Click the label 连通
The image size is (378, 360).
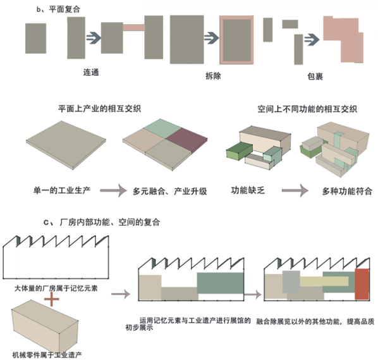[91, 72]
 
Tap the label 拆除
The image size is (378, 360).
[213, 76]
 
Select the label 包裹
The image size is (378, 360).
[315, 77]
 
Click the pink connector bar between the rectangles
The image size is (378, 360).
[134, 27]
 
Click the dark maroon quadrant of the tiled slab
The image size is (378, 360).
[187, 139]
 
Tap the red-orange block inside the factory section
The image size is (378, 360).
[362, 283]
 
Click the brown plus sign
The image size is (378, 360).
[52, 299]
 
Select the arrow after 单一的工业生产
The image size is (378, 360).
[113, 190]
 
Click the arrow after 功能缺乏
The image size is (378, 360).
[295, 190]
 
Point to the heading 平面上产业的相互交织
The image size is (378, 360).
[99, 109]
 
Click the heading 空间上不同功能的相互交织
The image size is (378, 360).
[307, 109]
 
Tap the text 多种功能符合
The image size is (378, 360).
[347, 191]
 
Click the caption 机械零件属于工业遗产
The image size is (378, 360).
[47, 355]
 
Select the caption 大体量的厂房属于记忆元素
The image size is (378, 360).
[56, 288]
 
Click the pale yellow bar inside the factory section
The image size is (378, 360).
[324, 282]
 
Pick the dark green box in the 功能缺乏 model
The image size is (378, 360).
[239, 151]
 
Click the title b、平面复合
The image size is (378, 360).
[58, 9]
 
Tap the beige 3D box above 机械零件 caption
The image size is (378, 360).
[45, 326]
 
